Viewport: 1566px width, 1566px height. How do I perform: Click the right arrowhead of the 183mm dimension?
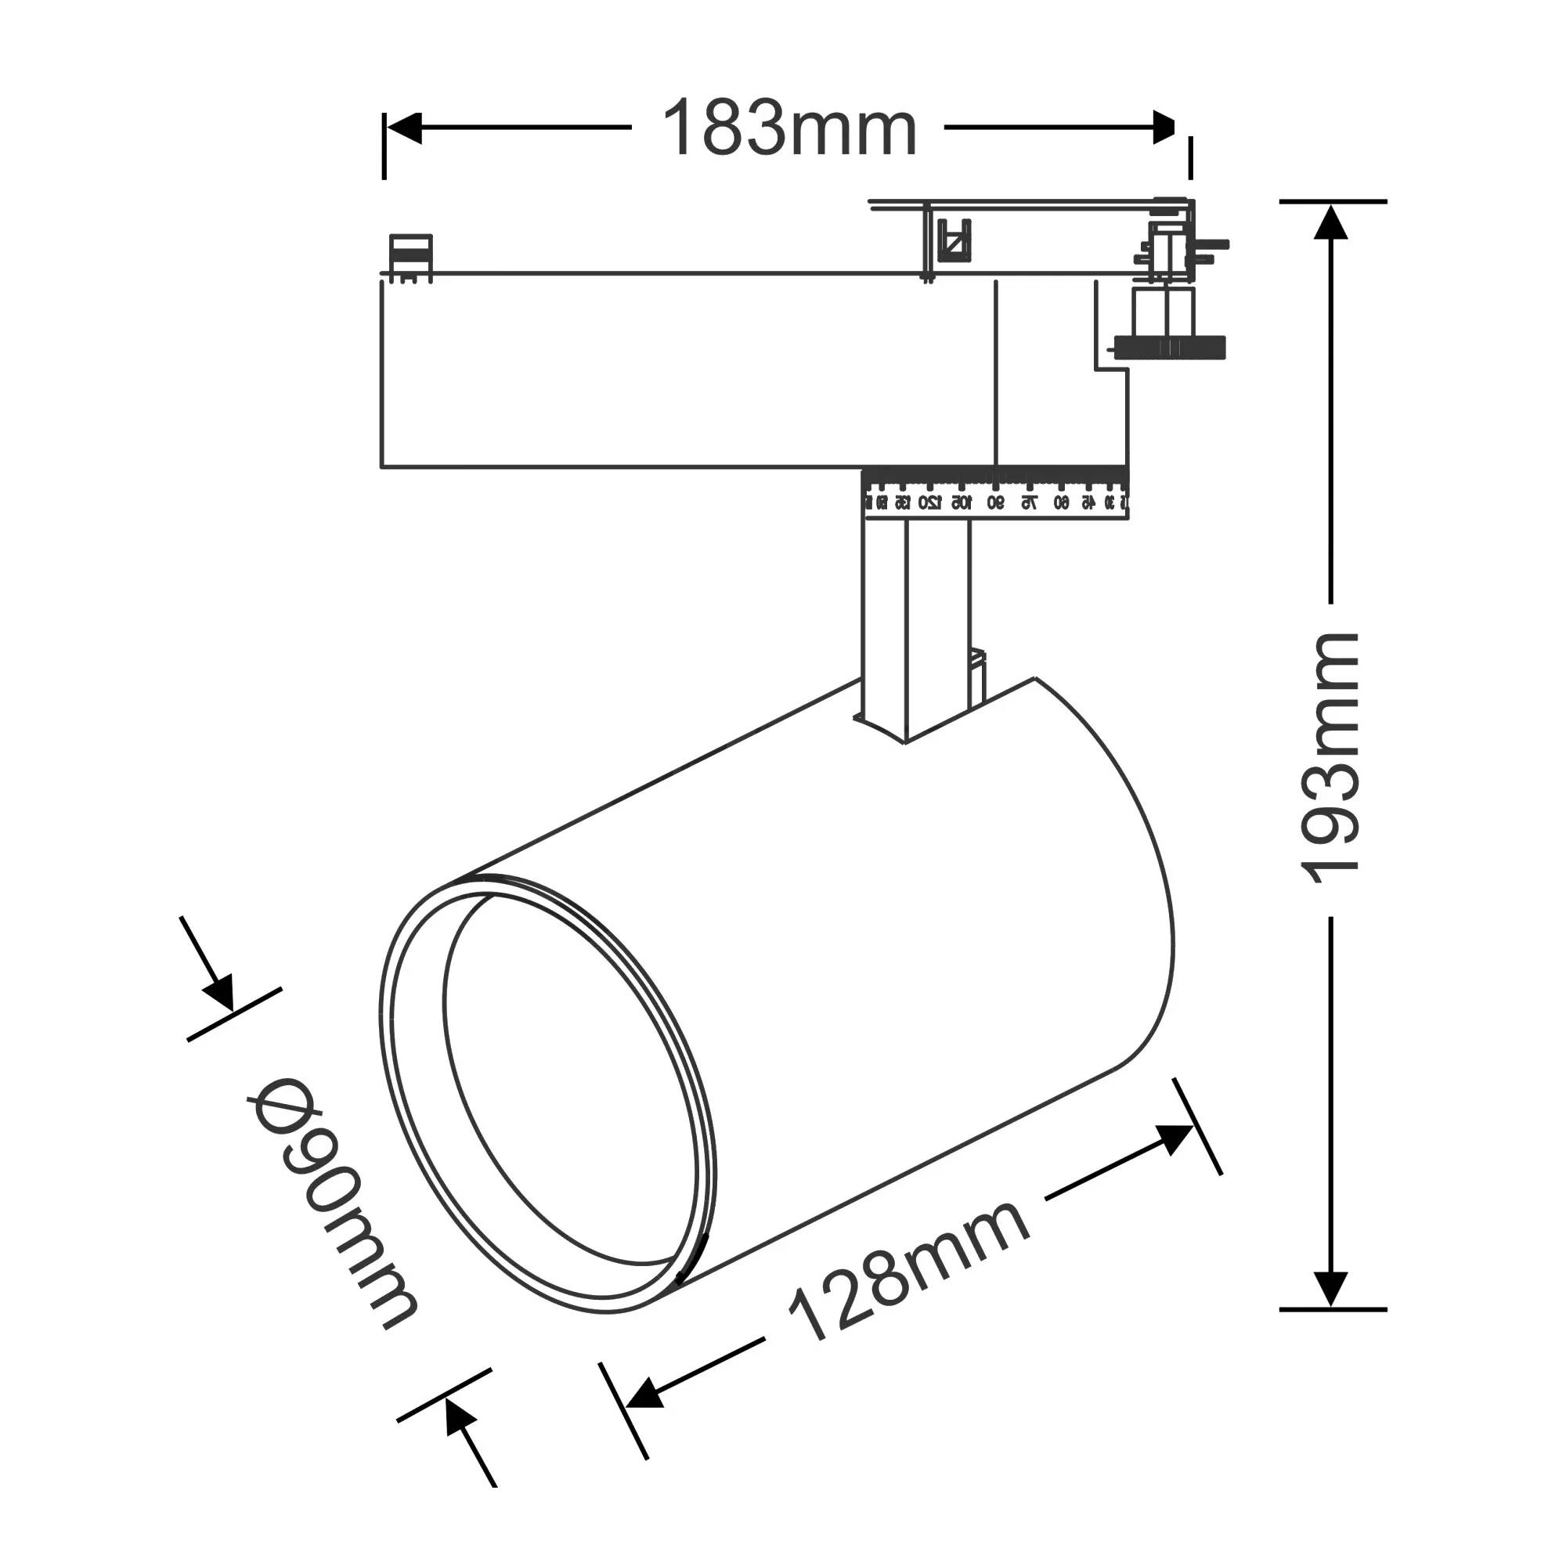click(1164, 128)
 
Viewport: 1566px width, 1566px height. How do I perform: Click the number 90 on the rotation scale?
click(995, 503)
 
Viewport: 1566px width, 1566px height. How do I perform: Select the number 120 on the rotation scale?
click(929, 503)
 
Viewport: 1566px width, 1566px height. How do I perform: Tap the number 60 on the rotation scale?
click(1061, 503)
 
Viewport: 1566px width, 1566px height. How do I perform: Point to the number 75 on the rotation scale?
click(1028, 503)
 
